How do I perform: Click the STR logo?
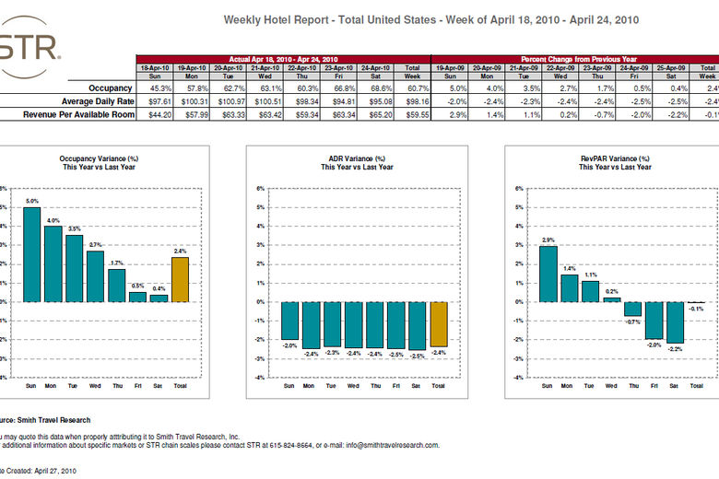point(28,46)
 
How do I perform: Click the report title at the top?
point(430,19)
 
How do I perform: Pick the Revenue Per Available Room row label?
point(71,114)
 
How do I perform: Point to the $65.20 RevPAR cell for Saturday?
point(375,114)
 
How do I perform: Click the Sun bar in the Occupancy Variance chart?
point(31,254)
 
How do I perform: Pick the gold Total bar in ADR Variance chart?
point(438,323)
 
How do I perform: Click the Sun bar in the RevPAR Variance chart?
point(548,274)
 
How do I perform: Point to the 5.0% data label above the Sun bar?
point(31,201)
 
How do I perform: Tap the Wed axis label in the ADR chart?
point(353,387)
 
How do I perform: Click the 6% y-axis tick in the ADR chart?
point(261,189)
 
